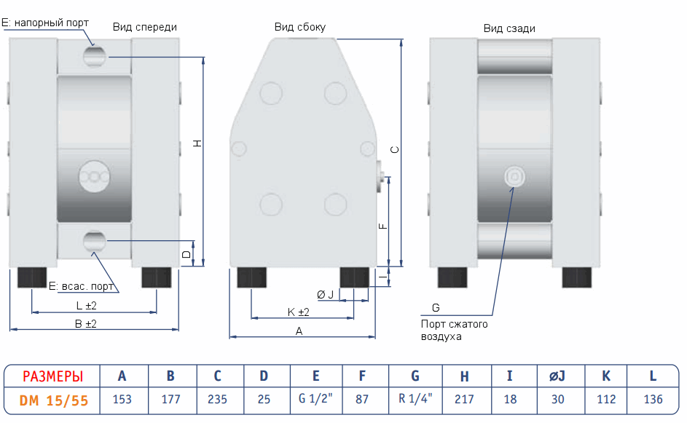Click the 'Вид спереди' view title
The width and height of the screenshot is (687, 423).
point(144,27)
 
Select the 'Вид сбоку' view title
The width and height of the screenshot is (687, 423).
point(299,27)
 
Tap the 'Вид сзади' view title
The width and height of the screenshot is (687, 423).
point(509,28)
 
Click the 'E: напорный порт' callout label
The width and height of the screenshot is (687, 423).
point(45,23)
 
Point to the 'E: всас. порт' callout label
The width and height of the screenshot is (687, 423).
point(81,285)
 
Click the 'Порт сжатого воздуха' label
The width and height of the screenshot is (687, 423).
point(454,330)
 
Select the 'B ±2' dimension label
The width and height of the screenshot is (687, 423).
point(86,323)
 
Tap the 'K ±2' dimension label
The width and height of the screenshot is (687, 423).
point(299,312)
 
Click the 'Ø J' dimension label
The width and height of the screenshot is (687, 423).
point(325,294)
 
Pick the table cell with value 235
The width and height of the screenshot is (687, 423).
point(217,399)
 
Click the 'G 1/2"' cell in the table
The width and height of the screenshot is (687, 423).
point(315,399)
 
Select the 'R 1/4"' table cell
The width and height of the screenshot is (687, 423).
point(415,399)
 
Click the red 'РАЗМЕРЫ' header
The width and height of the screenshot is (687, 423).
point(52,376)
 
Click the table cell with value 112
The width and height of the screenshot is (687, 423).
point(605,399)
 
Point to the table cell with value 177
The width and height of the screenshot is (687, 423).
point(170,399)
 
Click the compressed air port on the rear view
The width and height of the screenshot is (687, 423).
point(514,176)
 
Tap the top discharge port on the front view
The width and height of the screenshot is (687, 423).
point(94,55)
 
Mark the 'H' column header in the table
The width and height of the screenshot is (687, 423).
point(464,376)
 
